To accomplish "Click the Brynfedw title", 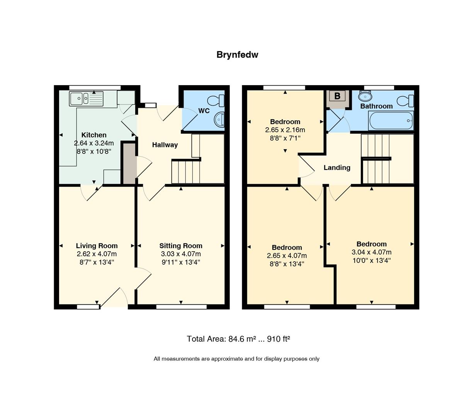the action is click(x=237, y=55).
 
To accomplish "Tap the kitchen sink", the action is click(x=86, y=99).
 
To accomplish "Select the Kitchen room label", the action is click(x=94, y=135).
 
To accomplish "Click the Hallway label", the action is click(x=165, y=145).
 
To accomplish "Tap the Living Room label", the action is click(x=97, y=246).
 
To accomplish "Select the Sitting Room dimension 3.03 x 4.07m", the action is click(x=181, y=254).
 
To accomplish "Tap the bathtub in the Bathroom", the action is click(x=391, y=121).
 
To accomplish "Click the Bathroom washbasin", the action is click(x=365, y=95).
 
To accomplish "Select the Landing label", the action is click(x=337, y=168).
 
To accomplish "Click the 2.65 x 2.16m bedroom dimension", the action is click(x=285, y=130).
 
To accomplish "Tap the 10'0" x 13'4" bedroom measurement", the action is click(x=371, y=260).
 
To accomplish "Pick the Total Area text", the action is click(x=238, y=339).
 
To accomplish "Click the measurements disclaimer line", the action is click(x=236, y=359).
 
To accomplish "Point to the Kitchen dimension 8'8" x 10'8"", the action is click(x=94, y=152).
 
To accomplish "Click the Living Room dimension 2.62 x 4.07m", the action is click(x=97, y=254).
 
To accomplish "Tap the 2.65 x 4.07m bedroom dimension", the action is click(x=287, y=256).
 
